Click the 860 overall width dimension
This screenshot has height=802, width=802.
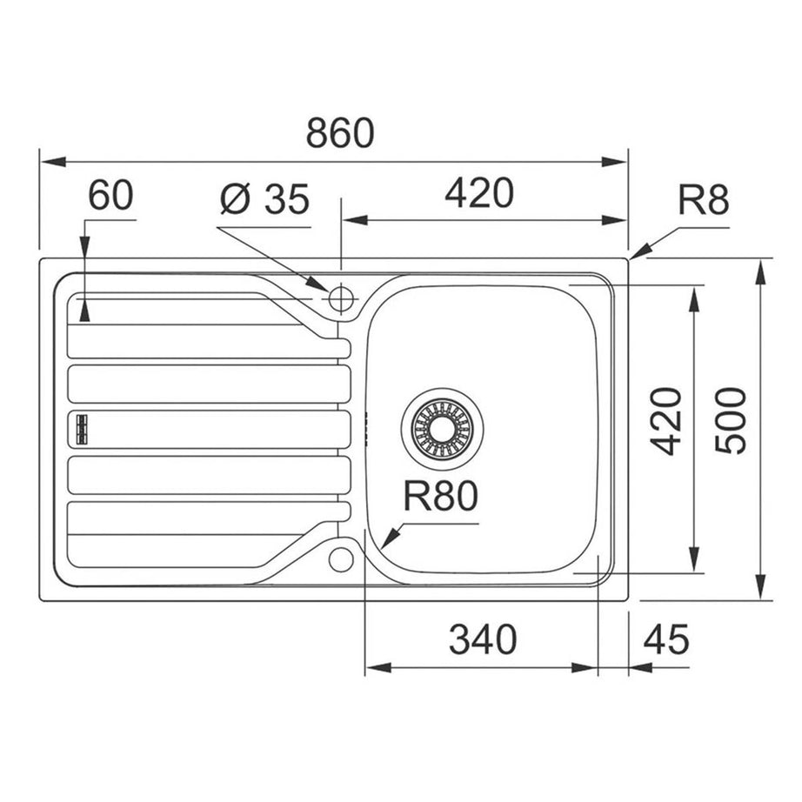coord(339,133)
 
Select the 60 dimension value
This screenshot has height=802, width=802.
coord(110,197)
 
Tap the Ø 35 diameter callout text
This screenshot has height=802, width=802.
coord(264,200)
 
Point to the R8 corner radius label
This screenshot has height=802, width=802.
coord(702,202)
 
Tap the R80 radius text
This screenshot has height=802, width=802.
coord(441,498)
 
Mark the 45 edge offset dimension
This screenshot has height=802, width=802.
coord(666,641)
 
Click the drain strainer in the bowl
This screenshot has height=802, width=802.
coord(443,424)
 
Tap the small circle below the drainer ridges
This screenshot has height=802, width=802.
coord(341,558)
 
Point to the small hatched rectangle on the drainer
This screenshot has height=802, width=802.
coord(84,426)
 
